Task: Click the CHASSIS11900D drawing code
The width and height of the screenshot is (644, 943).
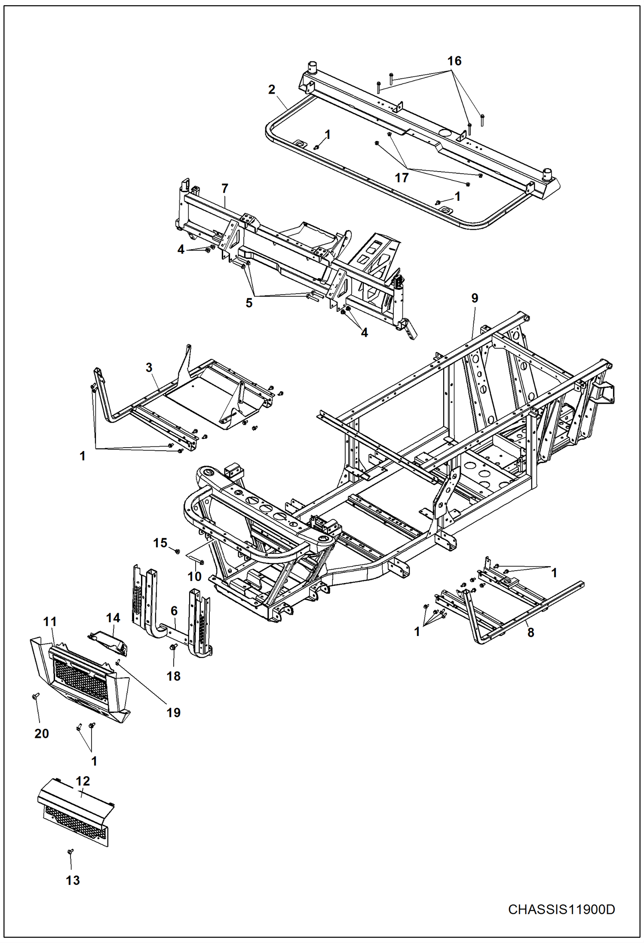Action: tap(561, 909)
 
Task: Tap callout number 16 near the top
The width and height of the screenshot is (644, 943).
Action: tap(454, 61)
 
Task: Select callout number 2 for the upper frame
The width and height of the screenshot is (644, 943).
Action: tap(271, 89)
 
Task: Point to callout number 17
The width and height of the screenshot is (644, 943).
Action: tap(401, 178)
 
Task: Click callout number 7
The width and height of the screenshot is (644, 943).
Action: tap(224, 188)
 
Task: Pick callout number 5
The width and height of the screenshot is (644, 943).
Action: tap(249, 303)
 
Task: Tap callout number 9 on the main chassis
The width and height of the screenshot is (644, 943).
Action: tap(474, 298)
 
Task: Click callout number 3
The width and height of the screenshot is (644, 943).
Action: tap(149, 368)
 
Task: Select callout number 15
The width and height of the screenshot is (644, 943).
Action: tap(160, 543)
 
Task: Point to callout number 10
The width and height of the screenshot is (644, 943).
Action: tap(194, 576)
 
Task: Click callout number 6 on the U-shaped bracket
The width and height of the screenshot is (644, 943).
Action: tap(174, 611)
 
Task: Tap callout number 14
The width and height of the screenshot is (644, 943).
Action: tap(113, 618)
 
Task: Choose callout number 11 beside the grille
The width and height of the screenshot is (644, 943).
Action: tap(50, 622)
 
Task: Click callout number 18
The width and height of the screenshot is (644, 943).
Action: tap(173, 676)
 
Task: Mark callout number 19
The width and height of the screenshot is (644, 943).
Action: tap(173, 713)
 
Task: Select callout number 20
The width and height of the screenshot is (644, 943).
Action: tap(41, 733)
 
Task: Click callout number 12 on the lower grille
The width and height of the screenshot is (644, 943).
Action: tap(83, 781)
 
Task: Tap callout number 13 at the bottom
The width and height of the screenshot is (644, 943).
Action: tap(73, 880)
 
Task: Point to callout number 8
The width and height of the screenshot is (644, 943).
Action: tap(531, 632)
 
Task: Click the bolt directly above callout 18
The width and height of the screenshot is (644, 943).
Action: tap(174, 648)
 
